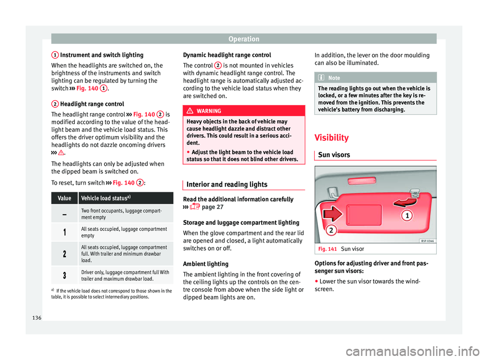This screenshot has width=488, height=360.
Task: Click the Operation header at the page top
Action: [x=243, y=38]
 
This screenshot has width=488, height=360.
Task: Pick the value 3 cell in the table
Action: [x=65, y=275]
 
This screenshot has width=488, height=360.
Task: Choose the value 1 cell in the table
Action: [x=65, y=232]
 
